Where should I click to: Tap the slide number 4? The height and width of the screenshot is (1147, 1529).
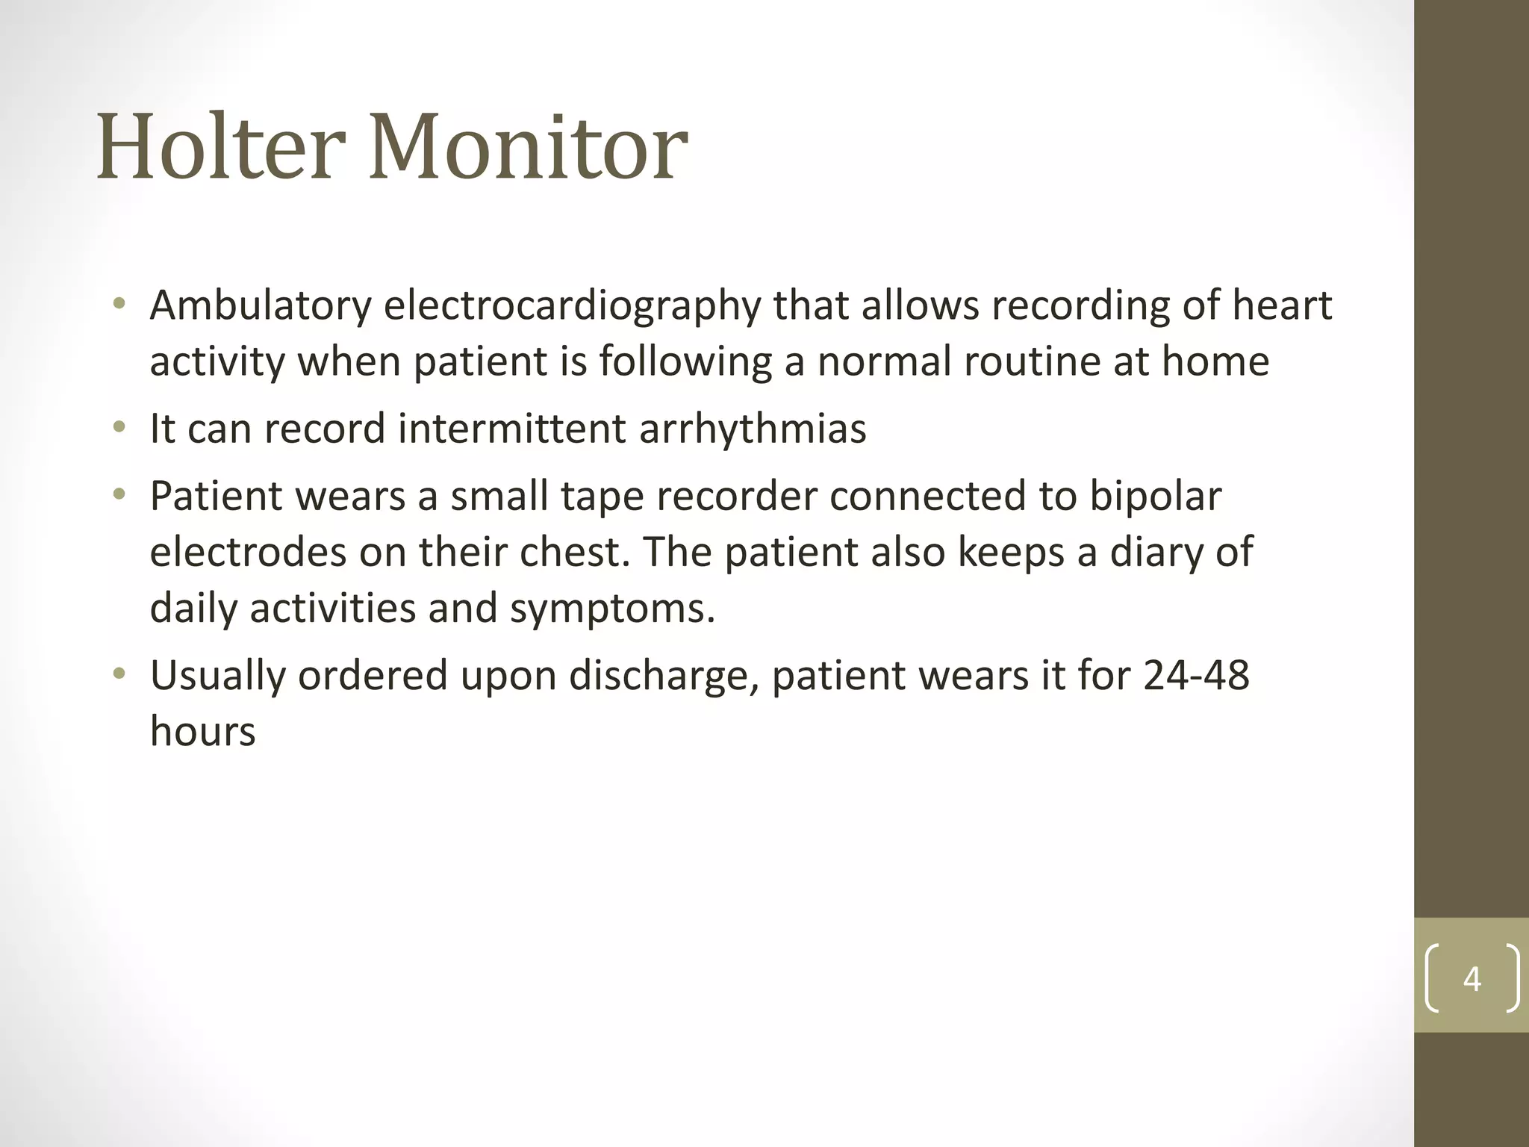coord(1472,978)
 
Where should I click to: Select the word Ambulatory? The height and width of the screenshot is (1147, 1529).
coord(261,305)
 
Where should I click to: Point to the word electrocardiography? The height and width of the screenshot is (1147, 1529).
coord(573,307)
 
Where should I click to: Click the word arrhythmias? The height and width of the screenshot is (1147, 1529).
coord(753,429)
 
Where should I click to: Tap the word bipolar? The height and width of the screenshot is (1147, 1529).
coord(1156,497)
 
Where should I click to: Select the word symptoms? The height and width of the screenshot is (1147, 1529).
coord(612,609)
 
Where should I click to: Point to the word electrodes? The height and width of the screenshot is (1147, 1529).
coord(248,552)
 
